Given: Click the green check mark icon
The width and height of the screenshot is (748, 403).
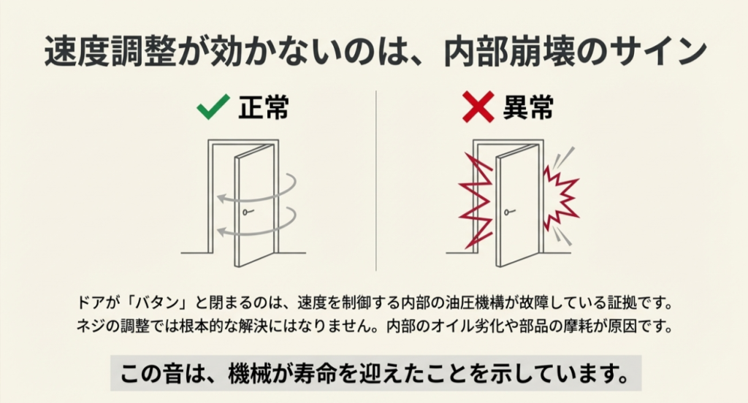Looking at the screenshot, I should point(213,110).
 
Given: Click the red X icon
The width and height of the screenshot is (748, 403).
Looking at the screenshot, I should point(478,110).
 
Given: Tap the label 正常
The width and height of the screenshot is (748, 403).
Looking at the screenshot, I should point(264,108).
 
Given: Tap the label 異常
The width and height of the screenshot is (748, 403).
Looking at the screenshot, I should point(527,108).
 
